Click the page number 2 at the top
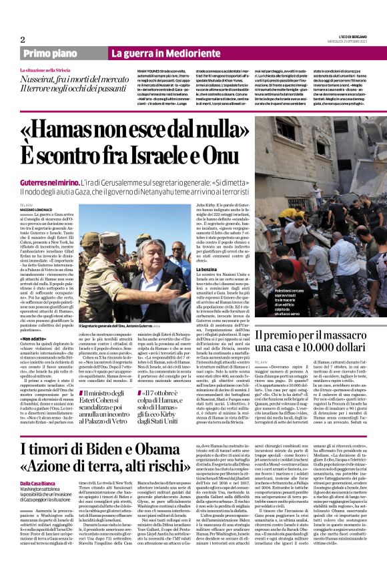22,39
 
